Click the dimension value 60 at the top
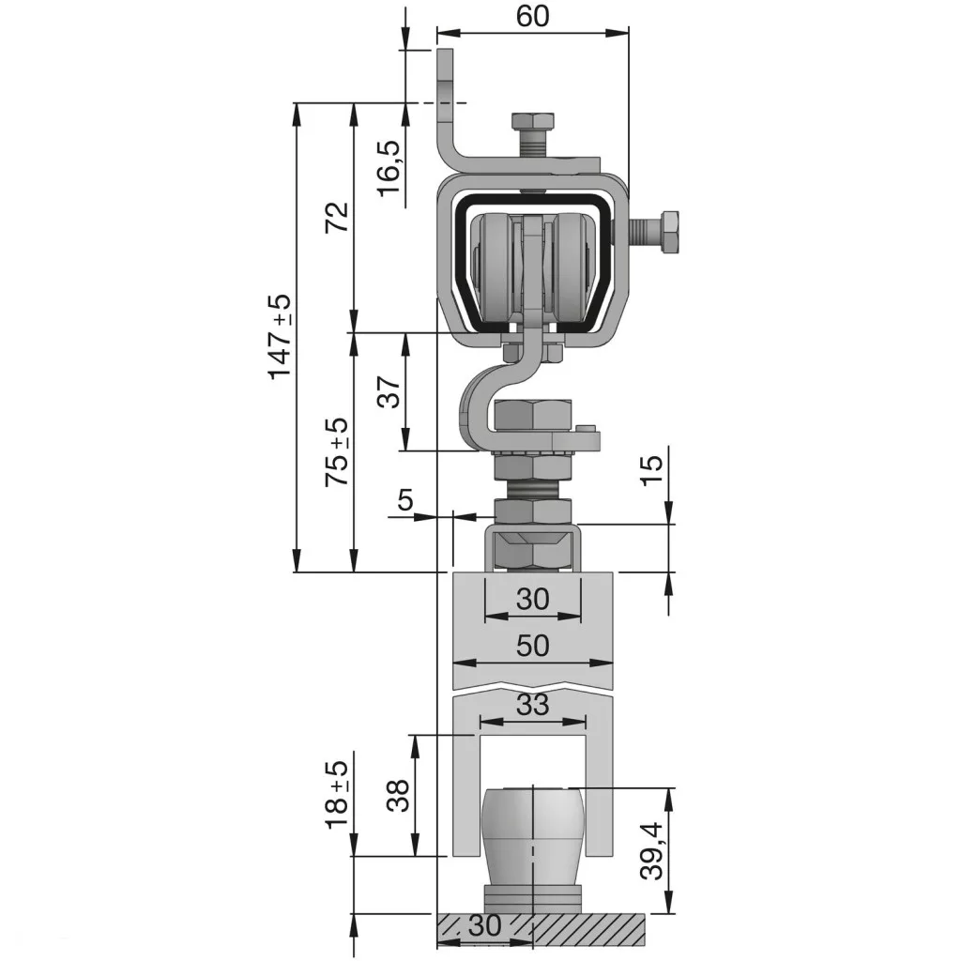532,17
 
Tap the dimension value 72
337,217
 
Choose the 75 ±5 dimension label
337,452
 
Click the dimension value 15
651,470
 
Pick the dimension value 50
532,646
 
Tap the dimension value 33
532,705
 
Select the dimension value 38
399,796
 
